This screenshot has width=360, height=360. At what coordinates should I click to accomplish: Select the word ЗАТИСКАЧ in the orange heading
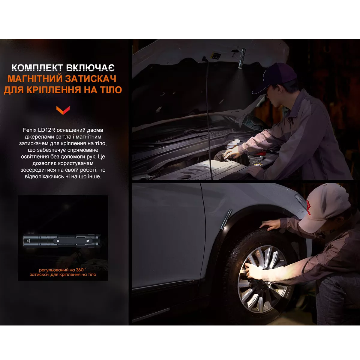[x=91, y=79]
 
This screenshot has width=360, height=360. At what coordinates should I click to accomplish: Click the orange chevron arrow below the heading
[x=63, y=110]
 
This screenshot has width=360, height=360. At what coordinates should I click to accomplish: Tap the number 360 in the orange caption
[x=80, y=270]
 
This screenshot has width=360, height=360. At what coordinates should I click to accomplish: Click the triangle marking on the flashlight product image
[x=28, y=241]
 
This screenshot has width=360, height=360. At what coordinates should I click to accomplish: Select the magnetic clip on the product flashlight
[x=73, y=241]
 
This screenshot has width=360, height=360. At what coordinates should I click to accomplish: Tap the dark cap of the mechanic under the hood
[x=277, y=77]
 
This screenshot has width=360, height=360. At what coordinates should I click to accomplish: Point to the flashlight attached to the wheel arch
[x=226, y=219]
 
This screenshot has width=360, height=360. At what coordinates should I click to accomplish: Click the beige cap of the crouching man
[x=326, y=207]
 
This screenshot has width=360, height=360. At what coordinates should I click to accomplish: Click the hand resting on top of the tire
[x=270, y=224]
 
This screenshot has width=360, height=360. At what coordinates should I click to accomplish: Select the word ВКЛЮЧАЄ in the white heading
[x=91, y=67]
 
